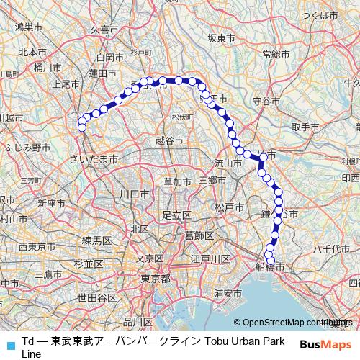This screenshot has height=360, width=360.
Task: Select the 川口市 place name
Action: pos(134,194)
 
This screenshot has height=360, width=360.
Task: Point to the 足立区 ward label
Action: pos(175,215)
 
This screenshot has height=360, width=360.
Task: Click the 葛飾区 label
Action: pos(198,235)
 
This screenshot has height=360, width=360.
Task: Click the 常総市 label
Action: pos(276,54)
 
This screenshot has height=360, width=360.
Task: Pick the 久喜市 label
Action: pos(104,29)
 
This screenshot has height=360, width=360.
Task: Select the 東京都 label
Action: pos(155,279)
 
